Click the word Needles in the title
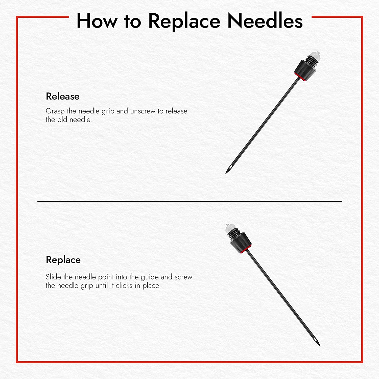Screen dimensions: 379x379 [265, 21]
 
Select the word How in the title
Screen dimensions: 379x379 [97, 21]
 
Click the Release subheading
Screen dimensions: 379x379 [63, 97]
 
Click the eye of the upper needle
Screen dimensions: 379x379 [230, 167]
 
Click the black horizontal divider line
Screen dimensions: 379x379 [189, 202]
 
